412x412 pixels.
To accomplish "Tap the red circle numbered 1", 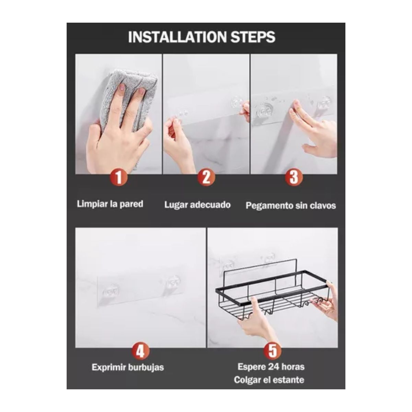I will click(x=118, y=178).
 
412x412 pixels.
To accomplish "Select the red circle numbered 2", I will click(x=206, y=178).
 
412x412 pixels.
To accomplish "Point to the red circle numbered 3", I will click(x=294, y=178).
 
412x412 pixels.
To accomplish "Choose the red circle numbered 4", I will click(x=140, y=352).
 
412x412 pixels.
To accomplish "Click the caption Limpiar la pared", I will click(x=110, y=204).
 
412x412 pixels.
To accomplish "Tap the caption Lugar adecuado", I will click(x=197, y=205).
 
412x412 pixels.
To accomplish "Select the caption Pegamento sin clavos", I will click(x=291, y=206).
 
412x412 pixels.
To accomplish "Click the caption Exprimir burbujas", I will click(x=128, y=367).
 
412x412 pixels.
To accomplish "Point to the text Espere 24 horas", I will click(x=271, y=367).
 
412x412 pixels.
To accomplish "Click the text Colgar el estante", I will click(x=269, y=380).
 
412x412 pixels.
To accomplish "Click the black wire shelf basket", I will click(x=271, y=295).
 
